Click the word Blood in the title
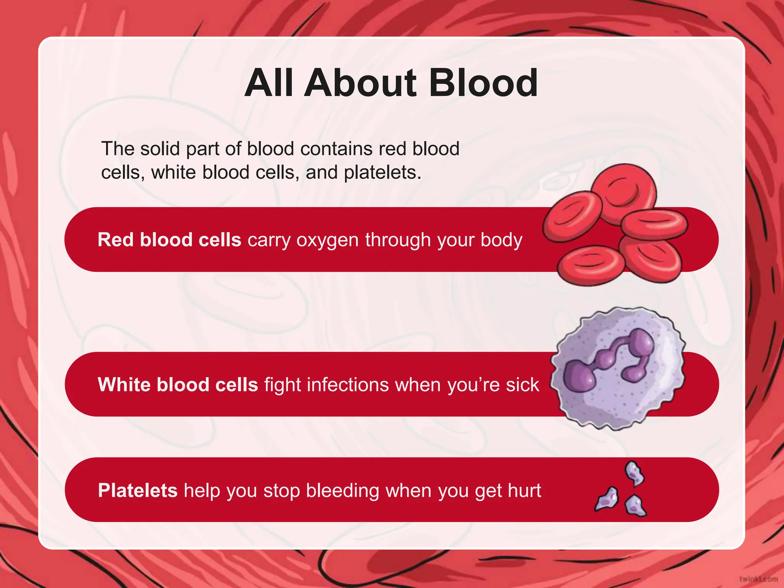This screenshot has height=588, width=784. pos(483,83)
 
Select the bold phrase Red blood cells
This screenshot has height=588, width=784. pos(169,240)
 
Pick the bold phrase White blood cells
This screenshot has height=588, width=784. pos(178,385)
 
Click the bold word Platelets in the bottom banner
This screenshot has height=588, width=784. pos(137,491)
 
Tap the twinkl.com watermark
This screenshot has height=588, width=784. pos(758,579)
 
